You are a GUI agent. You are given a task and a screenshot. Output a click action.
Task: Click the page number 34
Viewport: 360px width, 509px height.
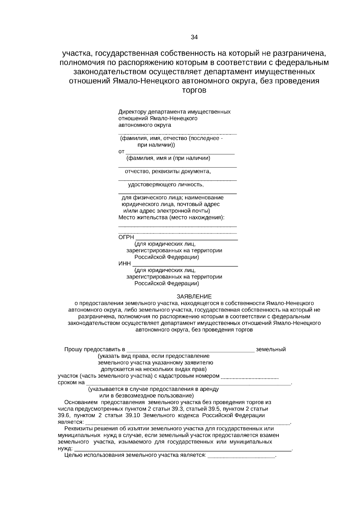[194, 37]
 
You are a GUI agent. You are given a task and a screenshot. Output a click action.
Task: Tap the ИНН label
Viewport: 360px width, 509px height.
[125, 263]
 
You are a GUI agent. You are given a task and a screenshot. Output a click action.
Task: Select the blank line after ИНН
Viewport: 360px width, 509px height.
[185, 265]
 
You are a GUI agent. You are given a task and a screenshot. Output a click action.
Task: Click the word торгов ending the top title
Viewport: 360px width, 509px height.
[194, 90]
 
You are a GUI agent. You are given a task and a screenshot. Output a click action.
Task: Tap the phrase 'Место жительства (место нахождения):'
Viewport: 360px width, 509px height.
[171, 217]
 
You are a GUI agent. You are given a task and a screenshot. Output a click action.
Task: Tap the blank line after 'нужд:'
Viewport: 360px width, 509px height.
[183, 450]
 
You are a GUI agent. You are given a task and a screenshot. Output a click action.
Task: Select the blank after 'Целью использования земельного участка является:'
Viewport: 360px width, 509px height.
[241, 457]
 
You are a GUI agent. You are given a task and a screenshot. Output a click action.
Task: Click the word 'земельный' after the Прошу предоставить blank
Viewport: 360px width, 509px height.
[271, 350]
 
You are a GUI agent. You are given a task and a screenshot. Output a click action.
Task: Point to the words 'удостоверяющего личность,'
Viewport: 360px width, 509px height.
[166, 185]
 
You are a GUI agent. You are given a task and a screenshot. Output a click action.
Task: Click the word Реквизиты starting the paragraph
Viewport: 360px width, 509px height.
[77, 429]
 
